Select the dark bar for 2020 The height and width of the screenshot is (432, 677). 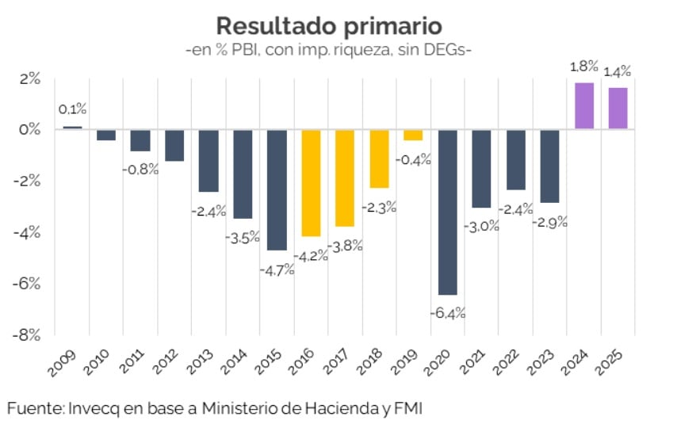coord(448,212)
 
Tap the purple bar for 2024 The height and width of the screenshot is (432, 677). coord(584,105)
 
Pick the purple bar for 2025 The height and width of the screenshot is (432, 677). coord(618,108)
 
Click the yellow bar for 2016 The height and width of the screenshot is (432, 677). coord(311,182)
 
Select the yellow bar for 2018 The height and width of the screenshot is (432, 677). coord(380,159)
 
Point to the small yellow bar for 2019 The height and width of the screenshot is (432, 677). coord(413,135)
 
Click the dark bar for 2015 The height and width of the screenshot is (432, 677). coord(277,189)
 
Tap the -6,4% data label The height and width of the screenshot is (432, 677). coord(448,312)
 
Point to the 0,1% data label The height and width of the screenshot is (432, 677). coord(72,109)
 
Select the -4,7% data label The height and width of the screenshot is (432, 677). coord(277,270)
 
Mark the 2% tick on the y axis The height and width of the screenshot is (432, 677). coord(30,78)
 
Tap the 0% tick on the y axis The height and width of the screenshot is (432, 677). coord(30,129)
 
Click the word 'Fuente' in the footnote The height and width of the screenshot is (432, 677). coord(33,408)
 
